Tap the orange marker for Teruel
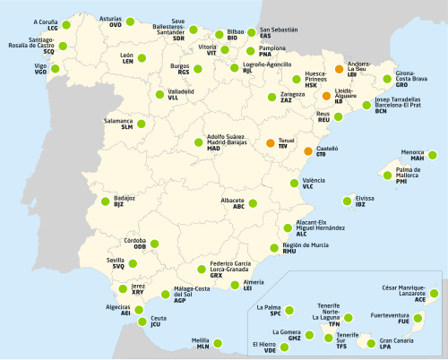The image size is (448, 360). pos(271,142)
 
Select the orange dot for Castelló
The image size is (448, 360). pos(308,151)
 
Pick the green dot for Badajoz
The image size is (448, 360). pos(106,201)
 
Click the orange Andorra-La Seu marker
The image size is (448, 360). pos(339,68)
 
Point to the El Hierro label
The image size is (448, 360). pos(263,344)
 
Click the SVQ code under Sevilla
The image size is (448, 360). pos(118,266)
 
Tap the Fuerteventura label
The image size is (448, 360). pos(415,314)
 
